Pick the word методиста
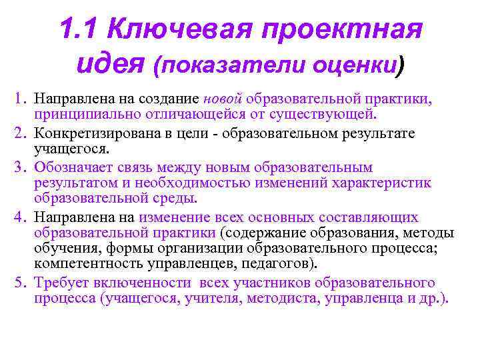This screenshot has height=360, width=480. (x=281, y=297)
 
